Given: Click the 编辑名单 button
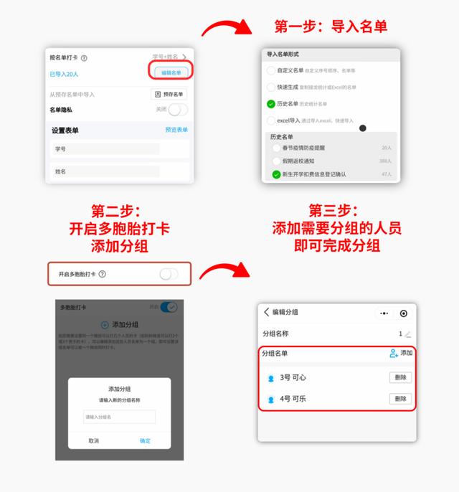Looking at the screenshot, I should pos(171,72).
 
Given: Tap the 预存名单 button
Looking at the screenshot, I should pos(169,94).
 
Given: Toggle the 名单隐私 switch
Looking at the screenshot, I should pos(177,109).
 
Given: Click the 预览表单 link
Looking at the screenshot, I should pos(176,130).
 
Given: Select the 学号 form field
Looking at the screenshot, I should pos(106,148).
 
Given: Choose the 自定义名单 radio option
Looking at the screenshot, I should pos(270,70).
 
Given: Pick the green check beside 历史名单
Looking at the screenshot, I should pos(270,104).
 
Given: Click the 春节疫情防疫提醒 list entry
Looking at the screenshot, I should pos(301,147).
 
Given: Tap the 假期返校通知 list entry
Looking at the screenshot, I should pos(298,161).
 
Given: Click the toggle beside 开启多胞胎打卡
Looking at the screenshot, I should pos(169,274).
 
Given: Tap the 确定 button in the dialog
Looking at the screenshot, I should pos(145,440).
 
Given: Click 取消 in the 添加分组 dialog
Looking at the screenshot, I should pos(94,440).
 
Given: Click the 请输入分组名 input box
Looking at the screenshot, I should pos(120,417).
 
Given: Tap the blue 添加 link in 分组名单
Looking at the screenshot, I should pos(401,353).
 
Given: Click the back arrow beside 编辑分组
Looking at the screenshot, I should pos(267,312).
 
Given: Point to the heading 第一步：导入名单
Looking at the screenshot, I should pos(331,27).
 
